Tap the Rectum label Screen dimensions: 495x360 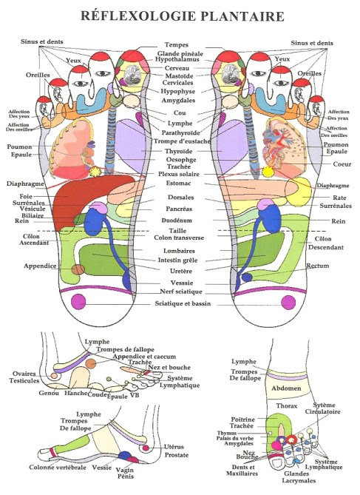[318, 266]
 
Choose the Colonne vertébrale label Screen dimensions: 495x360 [55, 467]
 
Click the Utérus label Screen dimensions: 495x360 [174, 447]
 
